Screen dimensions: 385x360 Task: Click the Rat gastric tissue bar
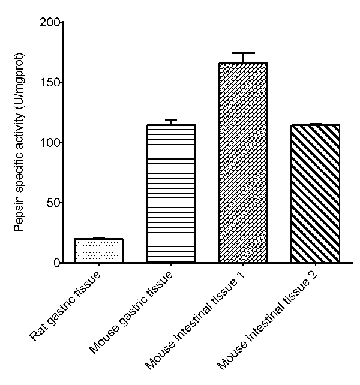click(98, 251)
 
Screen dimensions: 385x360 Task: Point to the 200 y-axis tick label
click(50, 23)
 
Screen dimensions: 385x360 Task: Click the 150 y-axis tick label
click(50, 83)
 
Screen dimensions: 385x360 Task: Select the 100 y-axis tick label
click(50, 143)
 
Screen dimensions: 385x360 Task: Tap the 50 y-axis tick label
click(52, 203)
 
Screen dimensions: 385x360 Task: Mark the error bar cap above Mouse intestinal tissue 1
click(243, 53)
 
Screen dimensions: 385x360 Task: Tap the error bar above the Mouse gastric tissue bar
click(171, 122)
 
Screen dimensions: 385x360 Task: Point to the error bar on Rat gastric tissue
click(98, 238)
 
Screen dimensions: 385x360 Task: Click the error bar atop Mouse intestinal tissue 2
click(315, 124)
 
